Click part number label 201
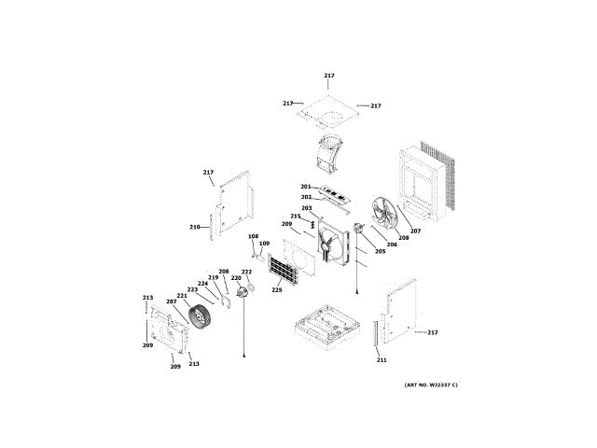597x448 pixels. pyautogui.click(x=305, y=187)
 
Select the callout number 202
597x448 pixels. pyautogui.click(x=306, y=197)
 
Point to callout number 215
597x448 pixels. pyautogui.click(x=295, y=217)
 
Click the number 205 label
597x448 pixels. pyautogui.click(x=380, y=251)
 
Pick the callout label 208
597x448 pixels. pyautogui.click(x=403, y=238)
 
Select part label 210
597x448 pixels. pyautogui.click(x=194, y=227)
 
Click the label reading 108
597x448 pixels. pyautogui.click(x=253, y=237)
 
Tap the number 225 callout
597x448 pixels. pyautogui.click(x=277, y=289)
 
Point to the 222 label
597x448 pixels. pyautogui.click(x=246, y=272)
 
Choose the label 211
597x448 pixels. pyautogui.click(x=381, y=359)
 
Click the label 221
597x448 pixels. pyautogui.click(x=182, y=296)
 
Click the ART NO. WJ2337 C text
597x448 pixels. pyautogui.click(x=431, y=385)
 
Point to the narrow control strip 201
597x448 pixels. pyautogui.click(x=336, y=196)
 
